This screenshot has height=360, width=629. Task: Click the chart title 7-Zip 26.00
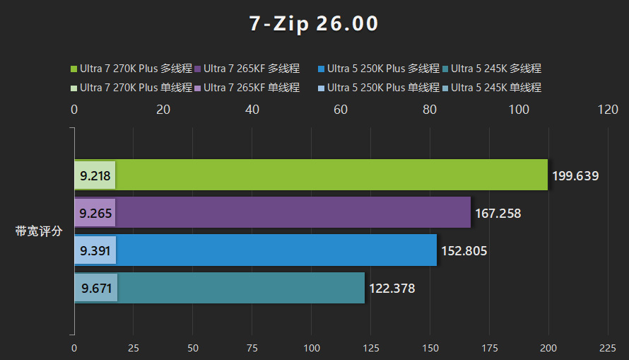(x=314, y=24)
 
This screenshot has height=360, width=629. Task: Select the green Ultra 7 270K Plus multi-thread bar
(x=332, y=175)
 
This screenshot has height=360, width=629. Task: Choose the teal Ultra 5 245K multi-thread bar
(x=240, y=288)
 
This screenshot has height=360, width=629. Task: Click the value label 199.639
(x=575, y=175)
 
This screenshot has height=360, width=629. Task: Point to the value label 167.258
(x=498, y=213)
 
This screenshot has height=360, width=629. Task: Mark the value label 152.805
(x=464, y=250)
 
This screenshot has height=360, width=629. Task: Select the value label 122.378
(x=392, y=289)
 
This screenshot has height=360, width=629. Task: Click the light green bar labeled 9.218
(x=95, y=175)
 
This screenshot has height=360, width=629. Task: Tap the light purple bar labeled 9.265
(x=95, y=213)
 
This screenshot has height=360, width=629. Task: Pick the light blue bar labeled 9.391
(x=95, y=250)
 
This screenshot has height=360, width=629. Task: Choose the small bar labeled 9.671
(x=95, y=289)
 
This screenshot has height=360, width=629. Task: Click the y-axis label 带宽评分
(x=40, y=231)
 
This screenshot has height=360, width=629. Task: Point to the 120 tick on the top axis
(x=608, y=110)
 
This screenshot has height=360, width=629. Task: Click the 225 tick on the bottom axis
(x=608, y=348)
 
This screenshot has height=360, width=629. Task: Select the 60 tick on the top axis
(x=341, y=110)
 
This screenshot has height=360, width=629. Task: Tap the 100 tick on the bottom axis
(x=311, y=348)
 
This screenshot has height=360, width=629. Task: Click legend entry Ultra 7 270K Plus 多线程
(x=131, y=69)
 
